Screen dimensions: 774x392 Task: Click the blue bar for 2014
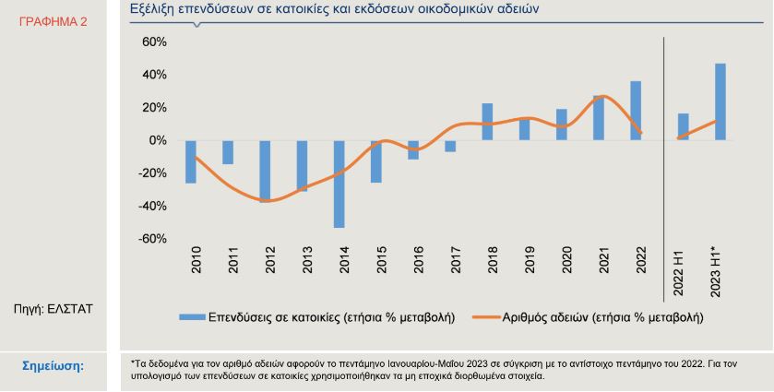coord(339,184)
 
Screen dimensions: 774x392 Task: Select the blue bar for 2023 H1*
coord(720,101)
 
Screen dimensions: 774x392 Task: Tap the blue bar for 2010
coord(191,162)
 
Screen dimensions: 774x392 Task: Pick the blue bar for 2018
coord(487,122)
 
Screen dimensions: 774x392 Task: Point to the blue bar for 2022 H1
coord(684,127)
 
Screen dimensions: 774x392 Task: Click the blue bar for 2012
coord(265,172)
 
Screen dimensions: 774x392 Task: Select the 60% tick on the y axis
coord(155,42)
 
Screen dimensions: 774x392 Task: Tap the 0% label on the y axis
coord(158,141)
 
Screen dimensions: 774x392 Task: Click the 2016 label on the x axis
coord(419,259)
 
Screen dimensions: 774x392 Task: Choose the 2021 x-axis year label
coord(604,259)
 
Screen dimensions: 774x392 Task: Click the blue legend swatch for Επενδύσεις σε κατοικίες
coord(192,317)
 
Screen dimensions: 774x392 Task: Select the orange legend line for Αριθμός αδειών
coord(486,317)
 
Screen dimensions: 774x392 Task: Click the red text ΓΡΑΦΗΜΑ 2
coord(53,22)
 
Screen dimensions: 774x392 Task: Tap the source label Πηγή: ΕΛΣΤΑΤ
coord(54,310)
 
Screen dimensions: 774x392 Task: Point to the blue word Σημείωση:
coord(54,366)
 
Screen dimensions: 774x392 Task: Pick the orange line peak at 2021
coord(604,96)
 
